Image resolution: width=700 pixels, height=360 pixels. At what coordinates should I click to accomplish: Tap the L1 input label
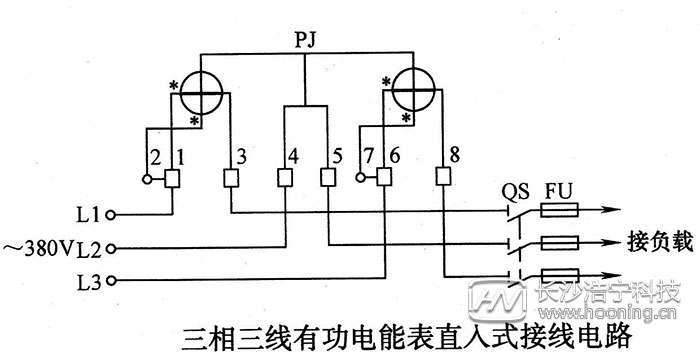point(87,214)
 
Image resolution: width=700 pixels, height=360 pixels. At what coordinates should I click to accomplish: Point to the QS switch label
point(512,191)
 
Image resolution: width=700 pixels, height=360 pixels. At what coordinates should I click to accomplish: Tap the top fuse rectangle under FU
point(558,212)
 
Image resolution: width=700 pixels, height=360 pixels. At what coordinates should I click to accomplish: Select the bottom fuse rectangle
point(558,275)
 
